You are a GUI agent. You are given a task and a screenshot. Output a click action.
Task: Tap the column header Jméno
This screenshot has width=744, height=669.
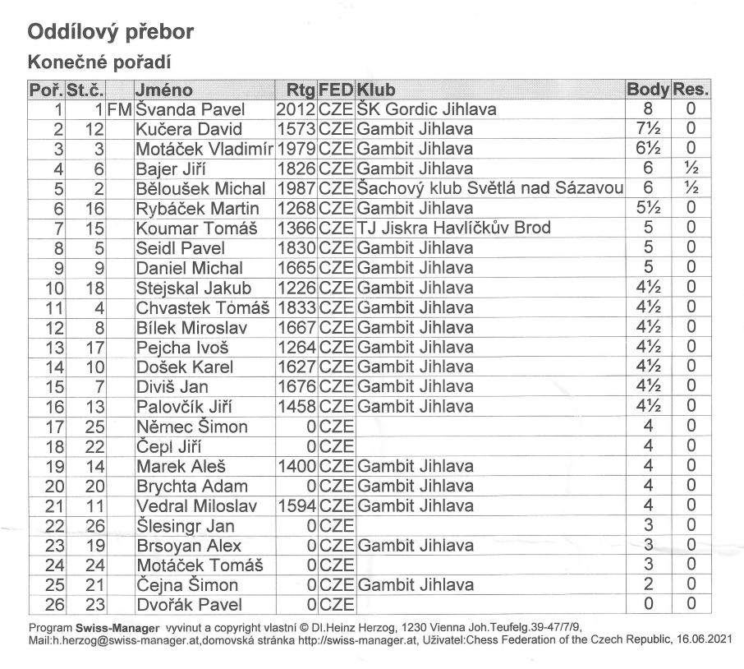tap(164, 90)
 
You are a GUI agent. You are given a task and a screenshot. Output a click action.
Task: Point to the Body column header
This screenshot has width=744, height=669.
tap(647, 90)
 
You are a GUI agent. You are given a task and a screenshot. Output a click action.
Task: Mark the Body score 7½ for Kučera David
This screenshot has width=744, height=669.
tap(647, 129)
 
